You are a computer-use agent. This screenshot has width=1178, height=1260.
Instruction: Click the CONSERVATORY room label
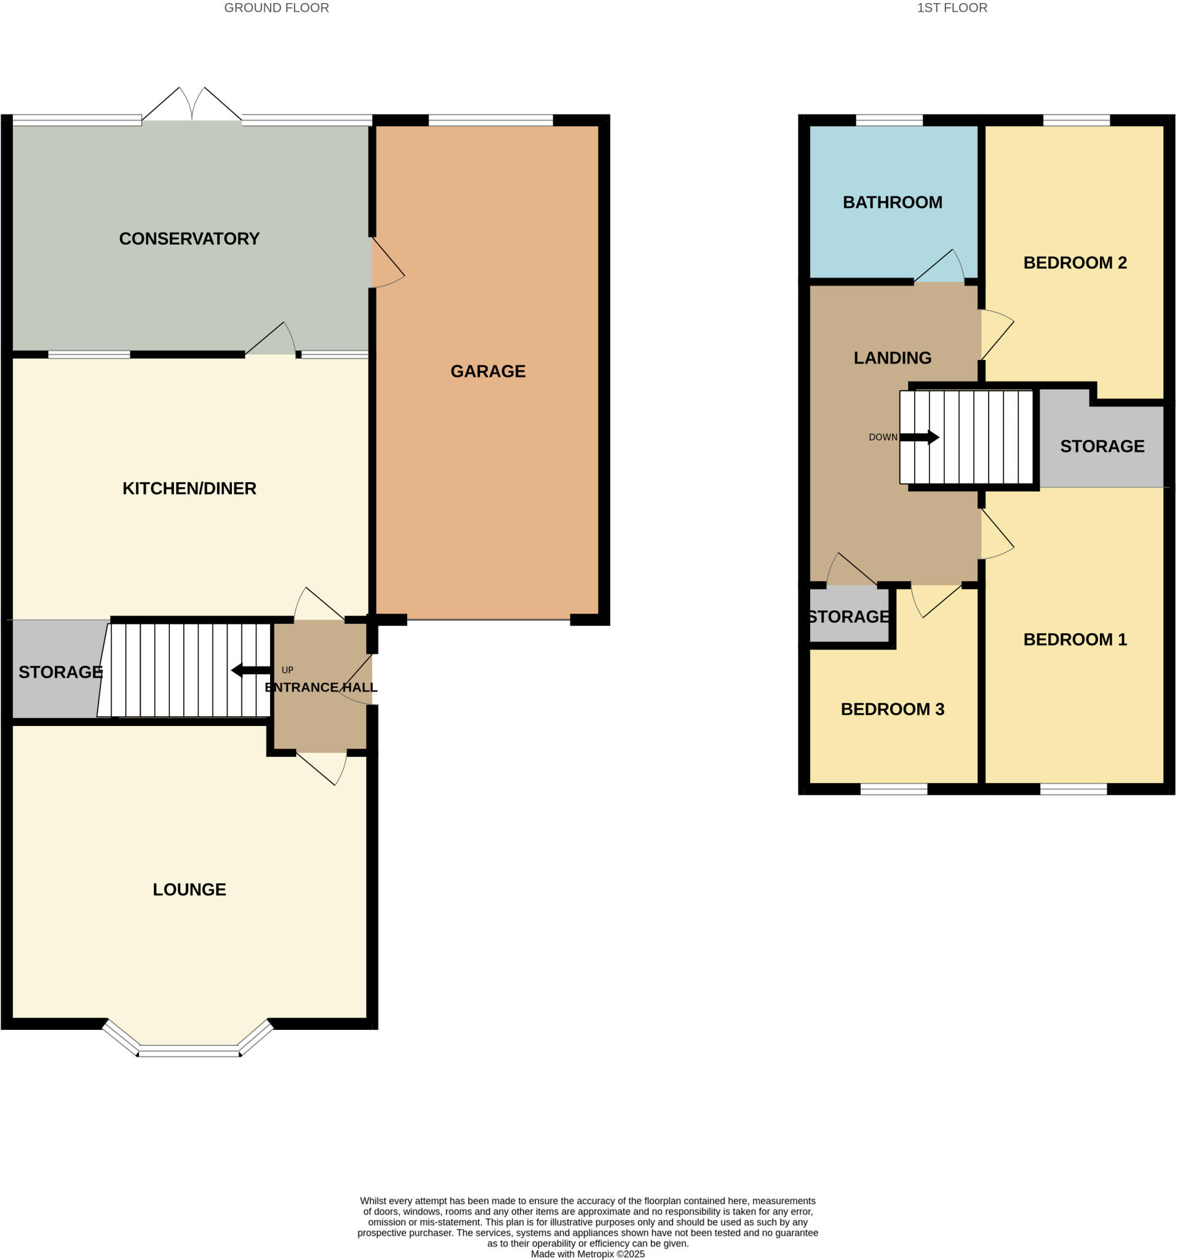pos(189,239)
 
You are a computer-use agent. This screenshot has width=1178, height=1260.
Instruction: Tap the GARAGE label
pos(487,372)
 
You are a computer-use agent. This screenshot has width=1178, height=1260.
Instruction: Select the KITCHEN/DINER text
pos(189,488)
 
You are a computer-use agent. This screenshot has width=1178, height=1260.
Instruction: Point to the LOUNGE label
pos(189,890)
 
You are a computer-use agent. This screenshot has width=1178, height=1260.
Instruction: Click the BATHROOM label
pos(891,203)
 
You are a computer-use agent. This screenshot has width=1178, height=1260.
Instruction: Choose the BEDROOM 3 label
pos(891,709)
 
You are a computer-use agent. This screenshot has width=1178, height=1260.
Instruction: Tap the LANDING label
pos(891,358)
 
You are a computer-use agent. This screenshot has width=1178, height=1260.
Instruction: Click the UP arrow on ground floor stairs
pos(251,671)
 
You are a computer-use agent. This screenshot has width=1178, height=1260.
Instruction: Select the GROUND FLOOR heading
pos(276,8)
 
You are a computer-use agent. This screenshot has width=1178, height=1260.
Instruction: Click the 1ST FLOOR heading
pos(951,8)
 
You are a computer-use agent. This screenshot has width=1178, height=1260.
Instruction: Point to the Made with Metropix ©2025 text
pos(587,1254)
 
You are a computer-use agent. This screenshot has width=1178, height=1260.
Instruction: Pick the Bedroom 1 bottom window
pos(1073,789)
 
